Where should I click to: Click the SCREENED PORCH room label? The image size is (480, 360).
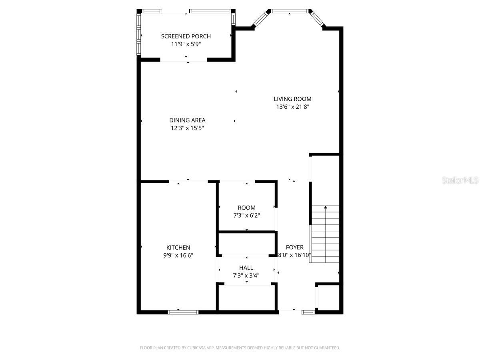186,36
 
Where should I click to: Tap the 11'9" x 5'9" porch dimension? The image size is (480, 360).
186,44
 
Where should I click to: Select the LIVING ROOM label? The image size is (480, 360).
292,99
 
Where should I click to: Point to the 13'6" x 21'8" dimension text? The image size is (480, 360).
292,107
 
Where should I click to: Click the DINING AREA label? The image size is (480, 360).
187,120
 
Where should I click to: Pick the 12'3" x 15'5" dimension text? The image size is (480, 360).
187,128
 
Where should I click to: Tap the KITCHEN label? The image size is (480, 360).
178,248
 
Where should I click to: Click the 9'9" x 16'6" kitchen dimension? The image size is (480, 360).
178,255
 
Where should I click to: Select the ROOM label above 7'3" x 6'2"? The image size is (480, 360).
246,208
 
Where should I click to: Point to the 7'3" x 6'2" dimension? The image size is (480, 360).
246,216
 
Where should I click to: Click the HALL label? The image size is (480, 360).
246,268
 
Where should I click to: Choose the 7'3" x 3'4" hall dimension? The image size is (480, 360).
246,275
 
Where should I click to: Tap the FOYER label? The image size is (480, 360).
294,248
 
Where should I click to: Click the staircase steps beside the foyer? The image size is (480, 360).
325,236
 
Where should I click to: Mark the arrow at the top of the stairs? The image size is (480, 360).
325,207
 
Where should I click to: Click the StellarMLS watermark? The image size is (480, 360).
460,181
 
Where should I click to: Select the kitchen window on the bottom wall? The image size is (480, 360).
183,312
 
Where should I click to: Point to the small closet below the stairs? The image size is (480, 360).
328,298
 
